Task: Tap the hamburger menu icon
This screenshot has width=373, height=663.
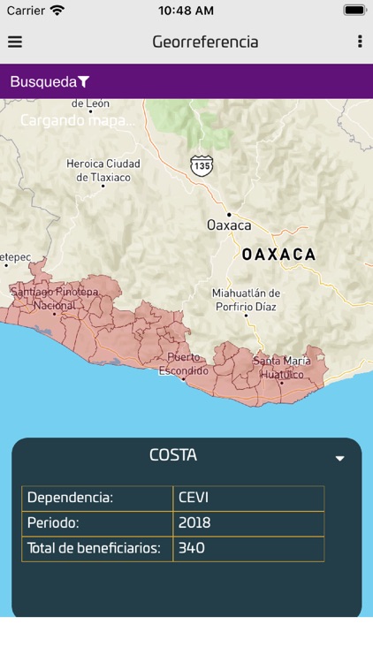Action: click(15, 42)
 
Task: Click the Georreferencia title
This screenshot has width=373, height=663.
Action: click(205, 42)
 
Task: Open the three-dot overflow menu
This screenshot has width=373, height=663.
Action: click(359, 42)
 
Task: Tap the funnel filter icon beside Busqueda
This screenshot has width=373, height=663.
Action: click(84, 82)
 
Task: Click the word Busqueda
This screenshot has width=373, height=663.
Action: click(43, 82)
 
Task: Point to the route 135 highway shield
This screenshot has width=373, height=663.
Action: click(202, 164)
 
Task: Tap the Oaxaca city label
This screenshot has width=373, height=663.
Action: click(229, 225)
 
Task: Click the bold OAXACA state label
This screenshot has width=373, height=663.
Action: click(278, 255)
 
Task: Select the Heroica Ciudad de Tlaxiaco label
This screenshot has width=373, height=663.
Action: click(103, 171)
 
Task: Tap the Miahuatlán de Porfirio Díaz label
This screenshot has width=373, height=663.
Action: click(246, 300)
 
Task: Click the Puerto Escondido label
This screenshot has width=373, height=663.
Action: click(183, 363)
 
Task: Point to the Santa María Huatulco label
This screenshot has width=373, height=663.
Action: click(281, 368)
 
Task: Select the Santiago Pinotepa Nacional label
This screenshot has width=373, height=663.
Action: click(55, 299)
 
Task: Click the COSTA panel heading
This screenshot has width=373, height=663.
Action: click(173, 455)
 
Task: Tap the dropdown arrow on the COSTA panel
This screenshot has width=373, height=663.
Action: click(339, 459)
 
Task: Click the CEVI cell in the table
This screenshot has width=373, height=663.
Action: click(193, 497)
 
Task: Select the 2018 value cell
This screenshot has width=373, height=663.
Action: click(194, 522)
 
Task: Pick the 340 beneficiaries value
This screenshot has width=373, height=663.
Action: click(192, 548)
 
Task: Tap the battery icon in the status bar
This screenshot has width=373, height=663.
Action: click(354, 11)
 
